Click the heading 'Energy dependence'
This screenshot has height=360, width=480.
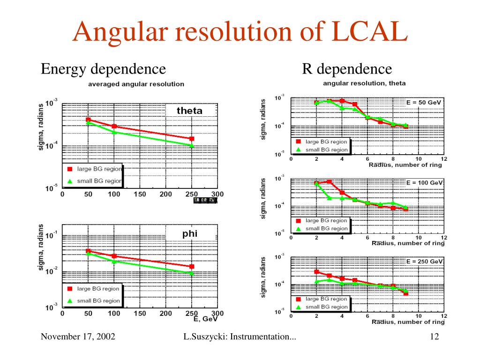[103, 69]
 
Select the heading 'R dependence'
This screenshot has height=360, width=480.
[347, 69]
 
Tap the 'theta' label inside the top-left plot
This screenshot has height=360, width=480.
[189, 111]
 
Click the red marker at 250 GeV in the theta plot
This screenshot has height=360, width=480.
[191, 139]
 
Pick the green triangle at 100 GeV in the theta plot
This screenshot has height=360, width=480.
[114, 132]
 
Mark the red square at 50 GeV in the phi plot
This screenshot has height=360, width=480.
[88, 251]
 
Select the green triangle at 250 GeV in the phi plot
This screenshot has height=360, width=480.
[191, 273]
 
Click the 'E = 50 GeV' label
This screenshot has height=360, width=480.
[424, 102]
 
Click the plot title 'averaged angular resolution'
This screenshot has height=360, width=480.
[136, 84]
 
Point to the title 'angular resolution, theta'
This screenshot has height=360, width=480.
[364, 83]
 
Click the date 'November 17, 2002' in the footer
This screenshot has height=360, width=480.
[78, 337]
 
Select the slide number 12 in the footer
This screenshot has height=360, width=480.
[434, 337]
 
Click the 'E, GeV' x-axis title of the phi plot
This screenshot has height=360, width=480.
[205, 320]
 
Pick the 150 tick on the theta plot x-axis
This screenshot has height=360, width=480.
[140, 195]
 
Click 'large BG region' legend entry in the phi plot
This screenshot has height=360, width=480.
[98, 289]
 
